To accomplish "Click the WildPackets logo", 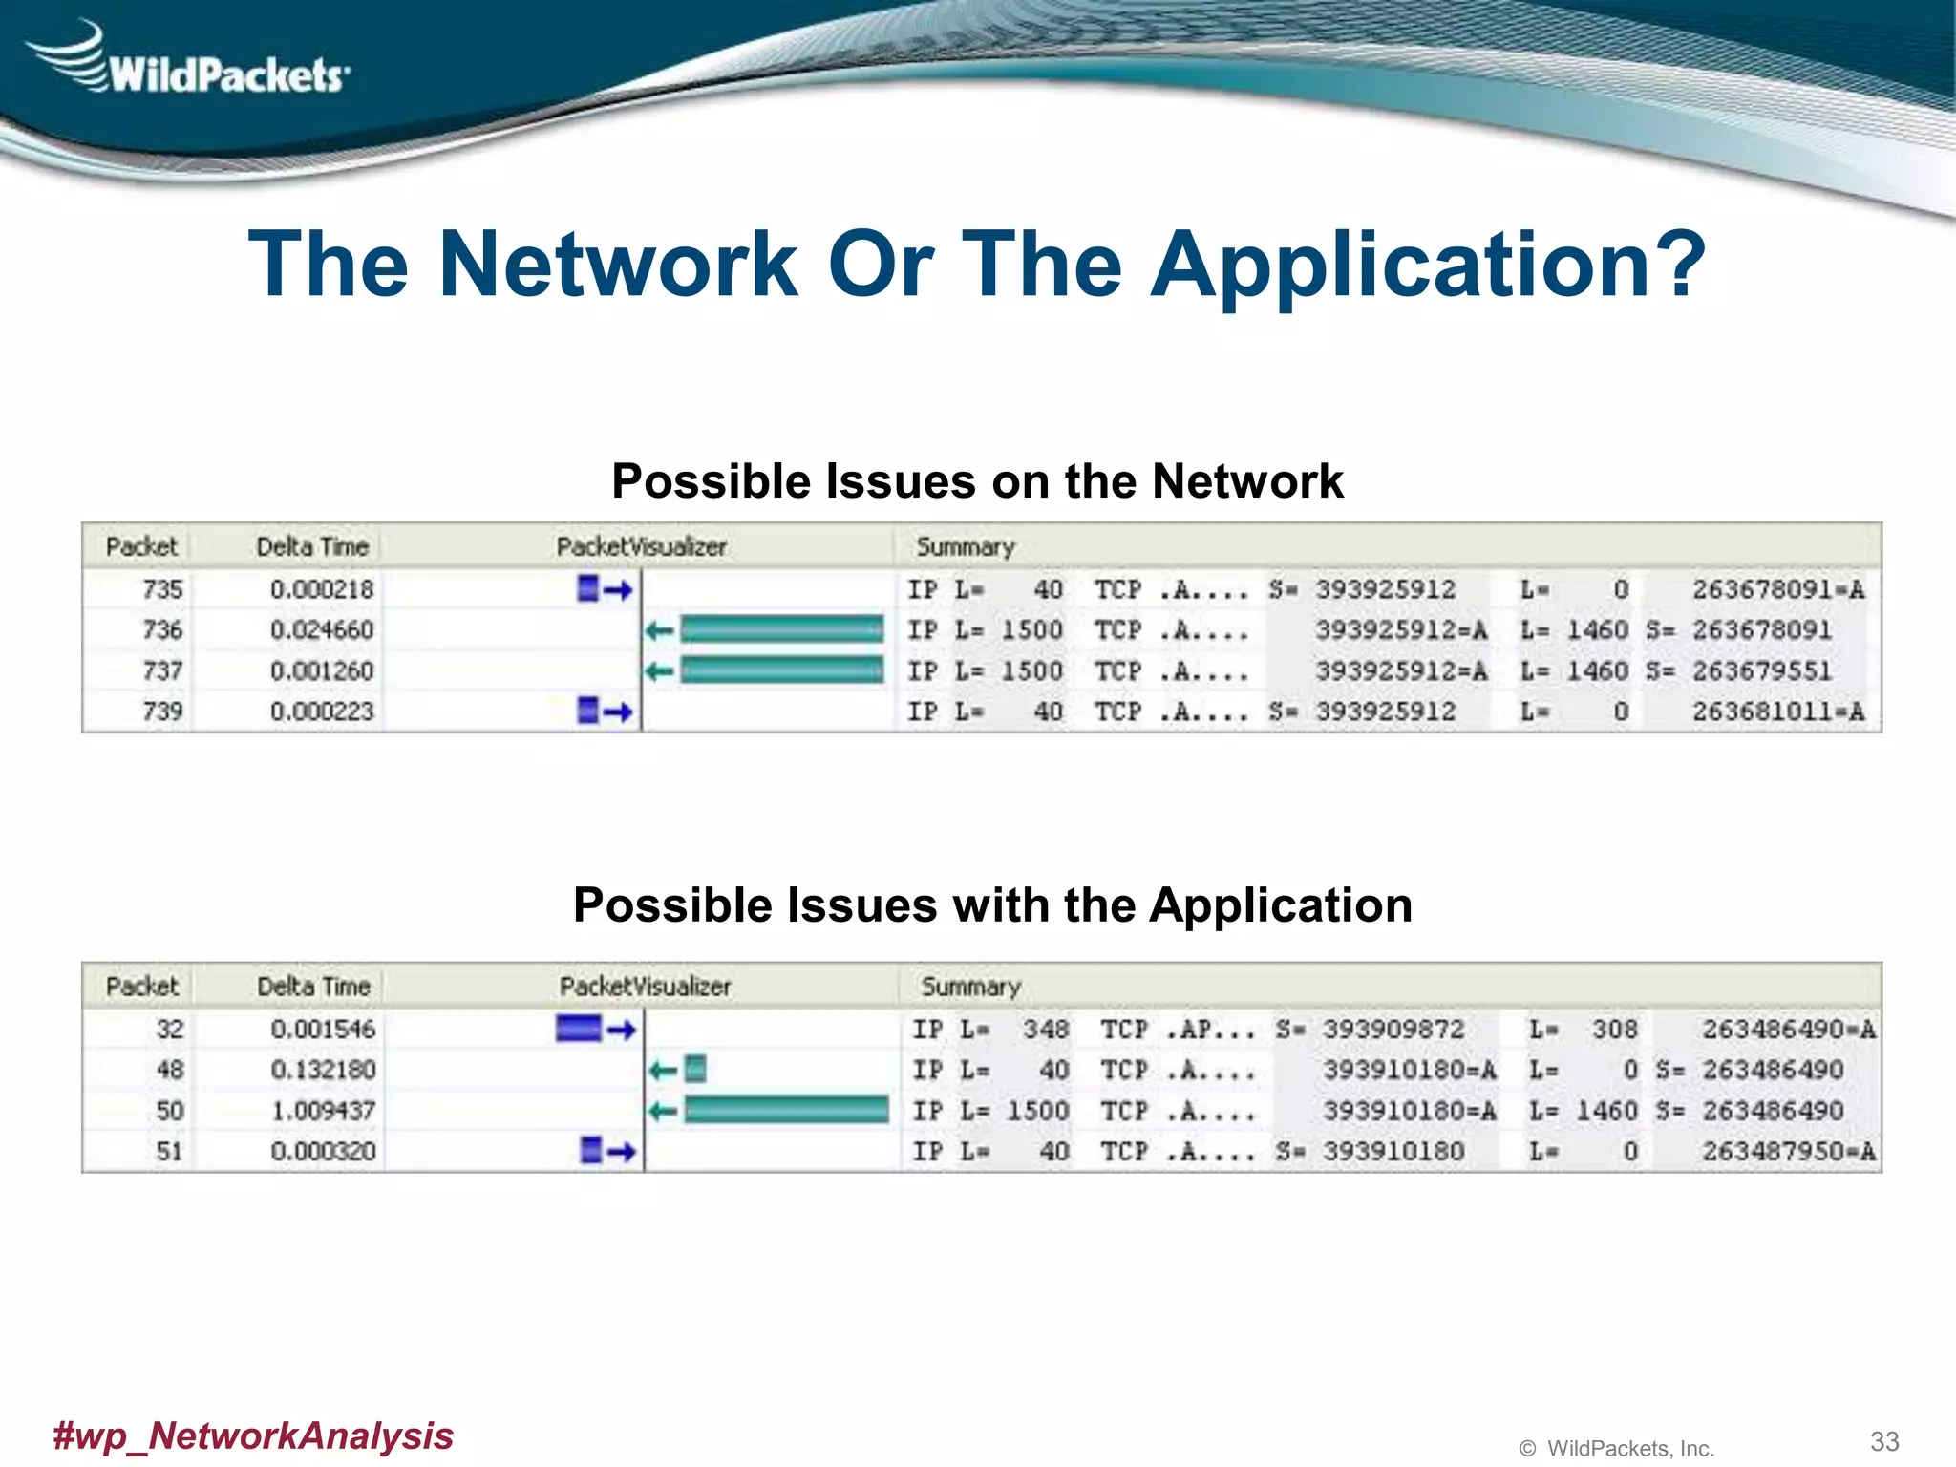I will [x=191, y=62].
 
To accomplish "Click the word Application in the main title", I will [x=1427, y=265].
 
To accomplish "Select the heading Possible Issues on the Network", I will [x=977, y=480].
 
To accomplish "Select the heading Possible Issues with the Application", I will [x=992, y=904].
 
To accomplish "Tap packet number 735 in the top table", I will [x=161, y=589].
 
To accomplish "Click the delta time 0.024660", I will [x=322, y=630].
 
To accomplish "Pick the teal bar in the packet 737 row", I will [x=781, y=670].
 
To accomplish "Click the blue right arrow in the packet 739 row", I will [x=618, y=712].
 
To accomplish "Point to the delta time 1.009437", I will [x=323, y=1111].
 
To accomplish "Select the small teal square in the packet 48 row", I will [x=696, y=1069].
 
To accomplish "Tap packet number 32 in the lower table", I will [x=169, y=1030].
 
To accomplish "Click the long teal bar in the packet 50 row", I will [x=786, y=1110].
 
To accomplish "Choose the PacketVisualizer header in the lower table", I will [x=645, y=987].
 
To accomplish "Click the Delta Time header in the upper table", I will [x=312, y=547].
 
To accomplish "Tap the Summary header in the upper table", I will [x=965, y=547].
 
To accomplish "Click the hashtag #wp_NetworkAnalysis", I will [x=253, y=1435].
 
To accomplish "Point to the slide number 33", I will [x=1883, y=1440].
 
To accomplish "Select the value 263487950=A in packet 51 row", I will [x=1788, y=1151].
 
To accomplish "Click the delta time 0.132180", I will [x=323, y=1070].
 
